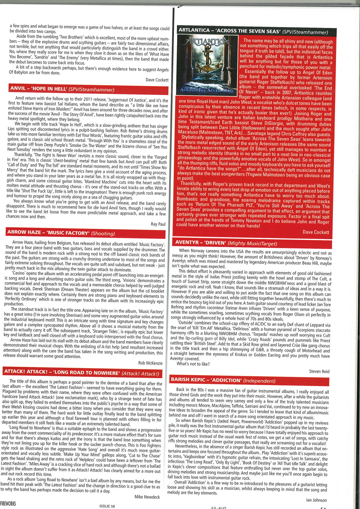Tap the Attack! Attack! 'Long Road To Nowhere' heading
point(81,372)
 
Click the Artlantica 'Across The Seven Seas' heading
point(253,31)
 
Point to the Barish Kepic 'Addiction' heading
point(223,380)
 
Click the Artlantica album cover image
point(207,65)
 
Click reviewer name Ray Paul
point(158,224)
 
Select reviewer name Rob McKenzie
point(150,363)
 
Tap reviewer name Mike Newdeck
point(147,497)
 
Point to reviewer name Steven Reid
point(319,371)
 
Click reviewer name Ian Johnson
point(316,500)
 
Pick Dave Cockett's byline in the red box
point(316,232)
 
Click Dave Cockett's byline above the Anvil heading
point(157,80)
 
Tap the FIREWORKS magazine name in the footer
point(8,504)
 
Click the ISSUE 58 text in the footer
point(107,506)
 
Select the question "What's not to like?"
point(193,364)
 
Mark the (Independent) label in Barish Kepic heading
point(259,381)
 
